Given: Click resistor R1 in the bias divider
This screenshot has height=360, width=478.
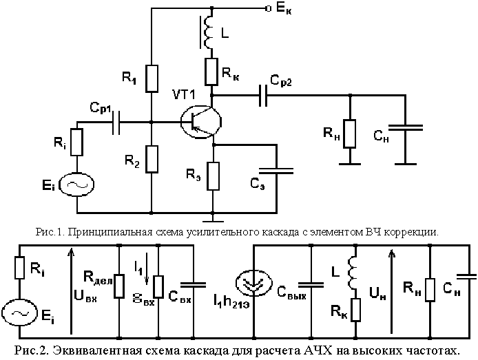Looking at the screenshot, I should point(152,78).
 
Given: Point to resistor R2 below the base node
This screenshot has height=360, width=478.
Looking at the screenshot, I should point(152,158).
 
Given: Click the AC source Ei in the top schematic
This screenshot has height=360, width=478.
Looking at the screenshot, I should point(76,184).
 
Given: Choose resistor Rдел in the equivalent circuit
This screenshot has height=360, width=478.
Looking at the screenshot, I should point(119,284).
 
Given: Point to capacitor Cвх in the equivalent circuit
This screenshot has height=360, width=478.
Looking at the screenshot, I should point(196,282).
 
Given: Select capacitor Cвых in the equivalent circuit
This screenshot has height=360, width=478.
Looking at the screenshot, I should point(311,282).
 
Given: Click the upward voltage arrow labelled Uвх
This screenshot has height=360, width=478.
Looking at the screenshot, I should point(71,289).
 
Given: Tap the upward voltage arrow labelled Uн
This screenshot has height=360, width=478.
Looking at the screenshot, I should point(392,289).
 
